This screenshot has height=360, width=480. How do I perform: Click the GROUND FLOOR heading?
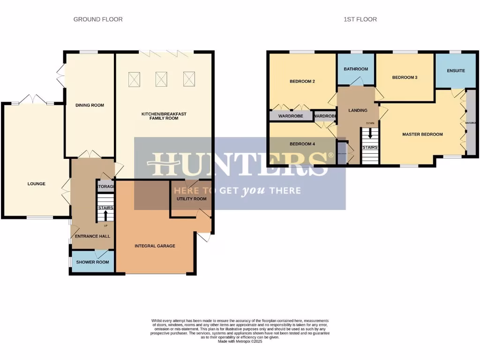coord(98,19)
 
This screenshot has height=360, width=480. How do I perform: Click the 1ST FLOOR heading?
coord(360,19)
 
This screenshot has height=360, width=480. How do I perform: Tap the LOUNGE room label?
coord(36,184)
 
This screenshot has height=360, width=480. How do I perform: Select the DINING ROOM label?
coord(90,105)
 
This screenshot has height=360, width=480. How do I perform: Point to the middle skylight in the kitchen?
coord(162,79)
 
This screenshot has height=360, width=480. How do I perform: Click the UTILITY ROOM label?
coord(191,199)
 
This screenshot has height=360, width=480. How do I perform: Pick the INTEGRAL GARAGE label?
coord(155,246)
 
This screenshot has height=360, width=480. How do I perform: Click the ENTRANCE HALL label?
coord(92,236)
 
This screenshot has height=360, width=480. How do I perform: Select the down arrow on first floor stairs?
coord(370,133)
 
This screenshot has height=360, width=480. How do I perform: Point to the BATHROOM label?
coord(356,69)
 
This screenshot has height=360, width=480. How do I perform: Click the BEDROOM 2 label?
coord(302,82)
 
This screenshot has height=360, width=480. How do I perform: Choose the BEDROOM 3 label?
coord(405,77)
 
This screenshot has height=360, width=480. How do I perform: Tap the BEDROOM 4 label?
coord(302,144)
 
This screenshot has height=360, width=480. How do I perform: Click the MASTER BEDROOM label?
coord(422,135)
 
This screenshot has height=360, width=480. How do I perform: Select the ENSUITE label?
coord(455,71)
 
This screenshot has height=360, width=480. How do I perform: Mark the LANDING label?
coord(358,111)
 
